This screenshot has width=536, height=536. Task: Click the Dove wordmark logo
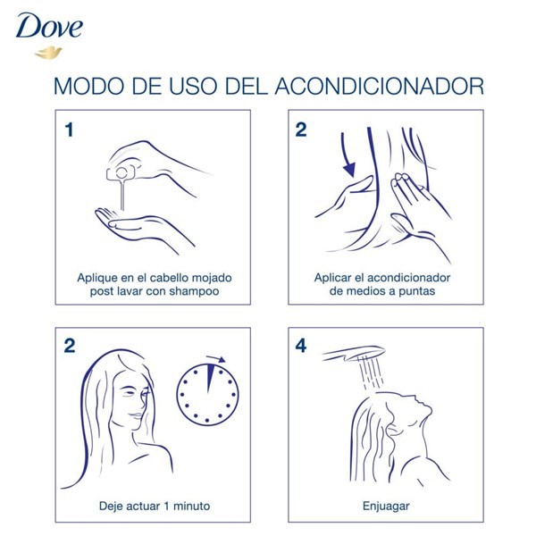point(48,27)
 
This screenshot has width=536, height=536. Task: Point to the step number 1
point(69,130)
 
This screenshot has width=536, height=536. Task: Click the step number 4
point(301,347)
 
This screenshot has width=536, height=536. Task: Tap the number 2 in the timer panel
point(69,347)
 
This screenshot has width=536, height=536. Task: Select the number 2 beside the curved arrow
point(301,130)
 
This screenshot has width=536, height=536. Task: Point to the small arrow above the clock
point(215,360)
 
